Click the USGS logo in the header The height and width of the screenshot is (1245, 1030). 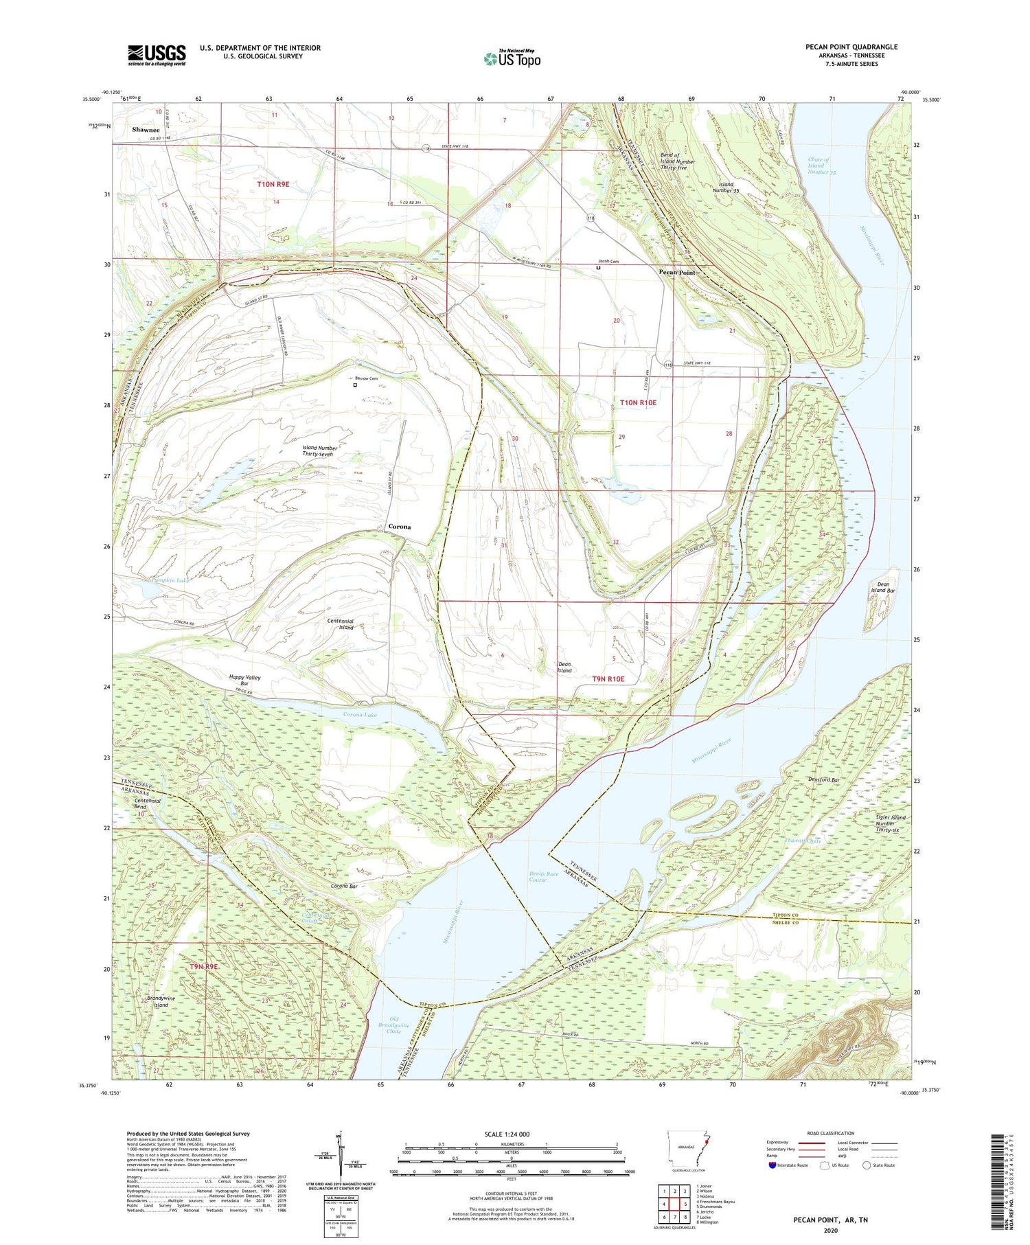click(x=157, y=55)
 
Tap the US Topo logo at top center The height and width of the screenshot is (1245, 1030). click(x=512, y=58)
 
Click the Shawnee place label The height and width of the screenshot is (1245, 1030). click(x=146, y=130)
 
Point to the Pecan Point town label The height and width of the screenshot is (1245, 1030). click(x=677, y=273)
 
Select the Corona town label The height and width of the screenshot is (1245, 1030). click(x=400, y=527)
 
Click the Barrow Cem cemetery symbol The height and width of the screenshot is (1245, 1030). click(x=355, y=385)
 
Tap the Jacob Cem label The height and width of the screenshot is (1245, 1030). click(x=608, y=261)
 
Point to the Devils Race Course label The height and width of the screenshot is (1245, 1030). click(x=538, y=876)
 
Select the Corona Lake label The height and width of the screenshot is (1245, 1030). click(x=360, y=715)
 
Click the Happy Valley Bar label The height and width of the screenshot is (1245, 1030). click(x=245, y=681)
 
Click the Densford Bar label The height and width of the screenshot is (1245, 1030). click(x=825, y=780)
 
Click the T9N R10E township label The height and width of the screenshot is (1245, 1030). click(x=608, y=678)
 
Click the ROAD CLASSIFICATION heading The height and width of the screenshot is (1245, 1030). click(x=831, y=1133)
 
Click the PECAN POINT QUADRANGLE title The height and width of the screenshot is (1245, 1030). click(x=851, y=47)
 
